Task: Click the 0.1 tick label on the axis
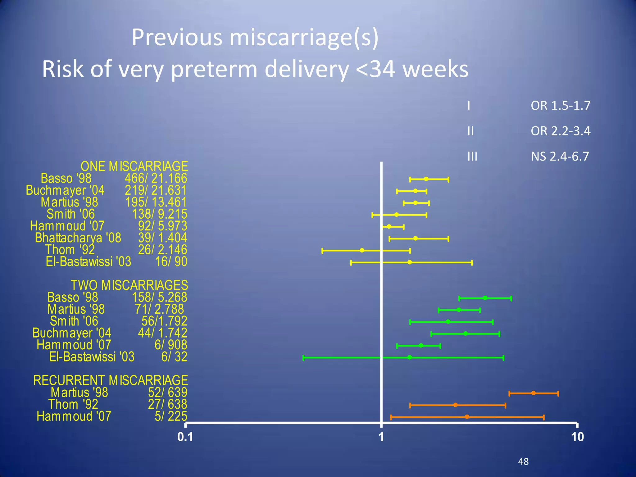[x=185, y=437]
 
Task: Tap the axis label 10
[x=577, y=437]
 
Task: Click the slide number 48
[x=523, y=461]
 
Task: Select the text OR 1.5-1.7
[x=561, y=106]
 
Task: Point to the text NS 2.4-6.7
[x=560, y=156]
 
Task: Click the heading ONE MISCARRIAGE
[x=134, y=166]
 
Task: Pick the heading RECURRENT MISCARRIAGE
[x=111, y=380]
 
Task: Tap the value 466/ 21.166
[x=156, y=179]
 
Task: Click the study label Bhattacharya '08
[x=78, y=238]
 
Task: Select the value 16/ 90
[x=171, y=262]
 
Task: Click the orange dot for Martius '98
[x=533, y=393]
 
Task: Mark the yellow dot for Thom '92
[x=362, y=250]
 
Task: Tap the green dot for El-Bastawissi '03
[x=410, y=357]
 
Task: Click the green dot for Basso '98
[x=485, y=298]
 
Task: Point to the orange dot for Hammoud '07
[x=467, y=417]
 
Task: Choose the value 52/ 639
[x=168, y=393]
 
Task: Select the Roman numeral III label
[x=472, y=156]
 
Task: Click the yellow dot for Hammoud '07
[x=389, y=226]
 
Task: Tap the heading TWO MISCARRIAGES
[x=129, y=285]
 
